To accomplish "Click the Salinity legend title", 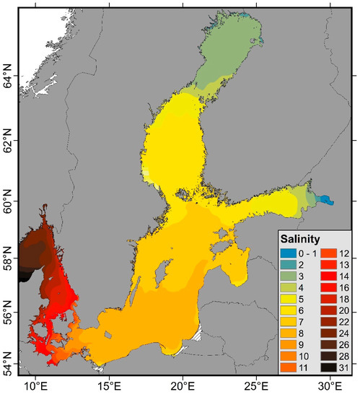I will tap(301, 239).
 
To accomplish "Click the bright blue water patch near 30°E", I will tap(326, 200).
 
